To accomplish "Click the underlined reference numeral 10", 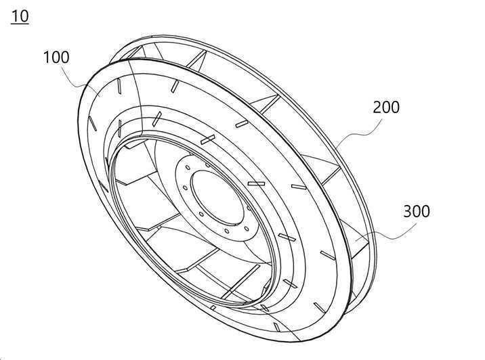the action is coord(20,16).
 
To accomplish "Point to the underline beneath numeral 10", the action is coord(20,24).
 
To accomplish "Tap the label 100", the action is coord(56,58).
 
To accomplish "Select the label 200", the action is coord(386,107).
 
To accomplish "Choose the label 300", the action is coord(417,211).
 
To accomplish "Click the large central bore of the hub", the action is coord(217,197).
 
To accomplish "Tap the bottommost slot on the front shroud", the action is coord(277,327).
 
